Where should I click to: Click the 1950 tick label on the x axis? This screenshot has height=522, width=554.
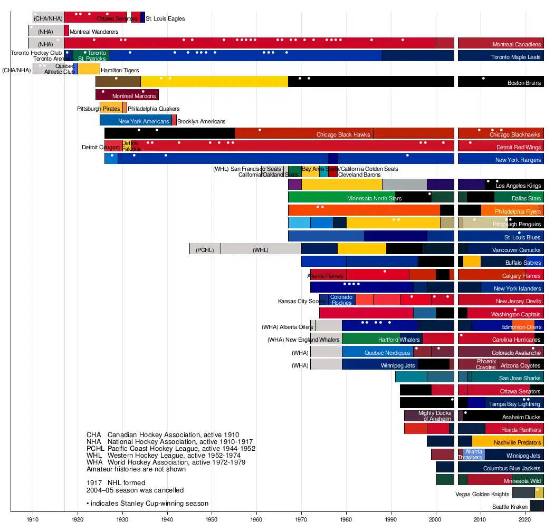[x=212, y=518]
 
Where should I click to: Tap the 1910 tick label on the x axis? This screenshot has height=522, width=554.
[x=33, y=518]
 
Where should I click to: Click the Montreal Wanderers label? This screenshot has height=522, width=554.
[x=94, y=32]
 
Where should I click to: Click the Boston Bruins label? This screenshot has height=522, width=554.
[x=524, y=83]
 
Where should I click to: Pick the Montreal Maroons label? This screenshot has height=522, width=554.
[x=134, y=96]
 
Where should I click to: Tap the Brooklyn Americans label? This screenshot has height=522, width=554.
[x=201, y=122]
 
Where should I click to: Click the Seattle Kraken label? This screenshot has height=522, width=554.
[x=510, y=507]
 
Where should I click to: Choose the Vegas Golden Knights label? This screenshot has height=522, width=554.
[x=482, y=495]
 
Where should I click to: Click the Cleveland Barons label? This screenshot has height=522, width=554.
[x=359, y=175]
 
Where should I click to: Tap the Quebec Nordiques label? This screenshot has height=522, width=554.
[x=387, y=353]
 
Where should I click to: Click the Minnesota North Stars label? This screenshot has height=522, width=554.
[x=374, y=199]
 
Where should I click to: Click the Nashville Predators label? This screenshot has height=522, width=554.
[x=518, y=443]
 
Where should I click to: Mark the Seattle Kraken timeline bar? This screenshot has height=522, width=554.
[x=537, y=506]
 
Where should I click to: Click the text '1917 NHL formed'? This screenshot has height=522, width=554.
[x=116, y=482]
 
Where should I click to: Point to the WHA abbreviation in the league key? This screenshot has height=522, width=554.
[x=94, y=462]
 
